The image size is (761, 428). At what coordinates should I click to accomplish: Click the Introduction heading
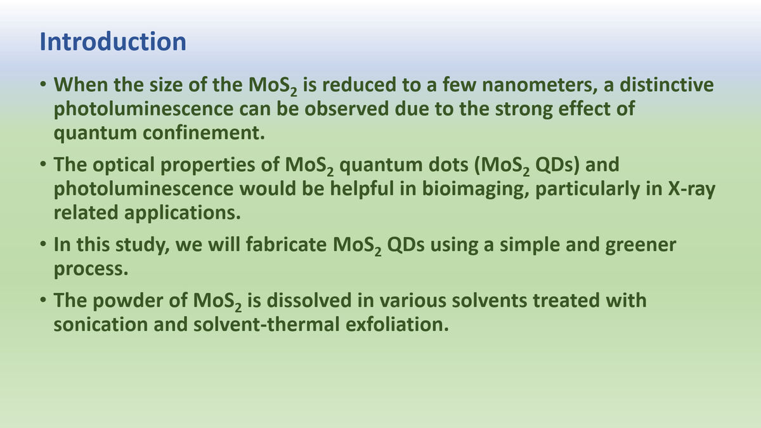pyautogui.click(x=113, y=42)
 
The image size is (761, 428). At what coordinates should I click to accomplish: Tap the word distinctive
pyautogui.click(x=667, y=84)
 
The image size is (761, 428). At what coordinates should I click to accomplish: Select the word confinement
pyautogui.click(x=204, y=133)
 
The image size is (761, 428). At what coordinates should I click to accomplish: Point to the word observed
pyautogui.click(x=346, y=108)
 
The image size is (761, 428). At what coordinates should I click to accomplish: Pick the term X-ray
pyautogui.click(x=692, y=189)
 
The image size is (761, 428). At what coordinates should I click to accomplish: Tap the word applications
pyautogui.click(x=183, y=213)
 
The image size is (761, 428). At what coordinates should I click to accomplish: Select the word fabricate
pyautogui.click(x=286, y=244)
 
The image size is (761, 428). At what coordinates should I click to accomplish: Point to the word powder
pyautogui.click(x=140, y=301)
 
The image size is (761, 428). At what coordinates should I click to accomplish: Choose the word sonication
pyautogui.click(x=101, y=324)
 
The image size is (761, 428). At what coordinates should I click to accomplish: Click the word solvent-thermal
pyautogui.click(x=267, y=324)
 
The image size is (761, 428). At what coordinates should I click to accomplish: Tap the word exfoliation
pyautogui.click(x=398, y=324)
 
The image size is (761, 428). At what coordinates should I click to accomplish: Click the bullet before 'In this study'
pyautogui.click(x=43, y=244)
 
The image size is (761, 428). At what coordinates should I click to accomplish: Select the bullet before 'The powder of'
pyautogui.click(x=43, y=300)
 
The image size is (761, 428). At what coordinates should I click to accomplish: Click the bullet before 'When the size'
pyautogui.click(x=43, y=84)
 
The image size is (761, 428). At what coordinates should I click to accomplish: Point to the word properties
pyautogui.click(x=207, y=165)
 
